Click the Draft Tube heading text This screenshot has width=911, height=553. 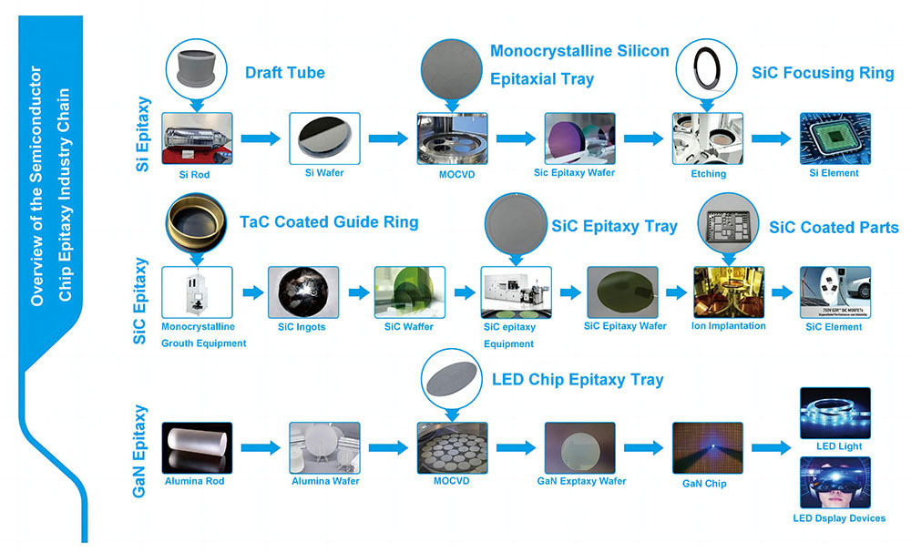tap(284, 73)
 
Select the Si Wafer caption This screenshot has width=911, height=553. tap(324, 173)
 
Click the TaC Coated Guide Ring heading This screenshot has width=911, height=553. tap(329, 221)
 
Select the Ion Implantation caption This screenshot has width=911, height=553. tap(730, 326)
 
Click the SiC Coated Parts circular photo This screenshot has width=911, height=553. tap(727, 222)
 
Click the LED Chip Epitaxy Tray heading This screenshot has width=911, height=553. tap(578, 379)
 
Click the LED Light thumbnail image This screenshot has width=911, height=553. tap(834, 413)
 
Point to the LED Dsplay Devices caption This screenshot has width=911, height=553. tap(839, 518)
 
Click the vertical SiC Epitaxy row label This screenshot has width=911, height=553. tap(139, 301)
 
